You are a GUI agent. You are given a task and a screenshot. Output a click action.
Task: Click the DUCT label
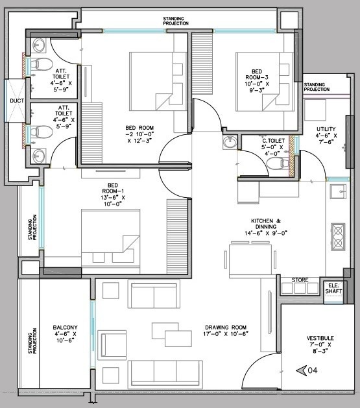pos(16,102)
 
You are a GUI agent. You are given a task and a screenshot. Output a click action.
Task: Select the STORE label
pos(299,280)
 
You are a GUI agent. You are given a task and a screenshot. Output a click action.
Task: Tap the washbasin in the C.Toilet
pos(230,143)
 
